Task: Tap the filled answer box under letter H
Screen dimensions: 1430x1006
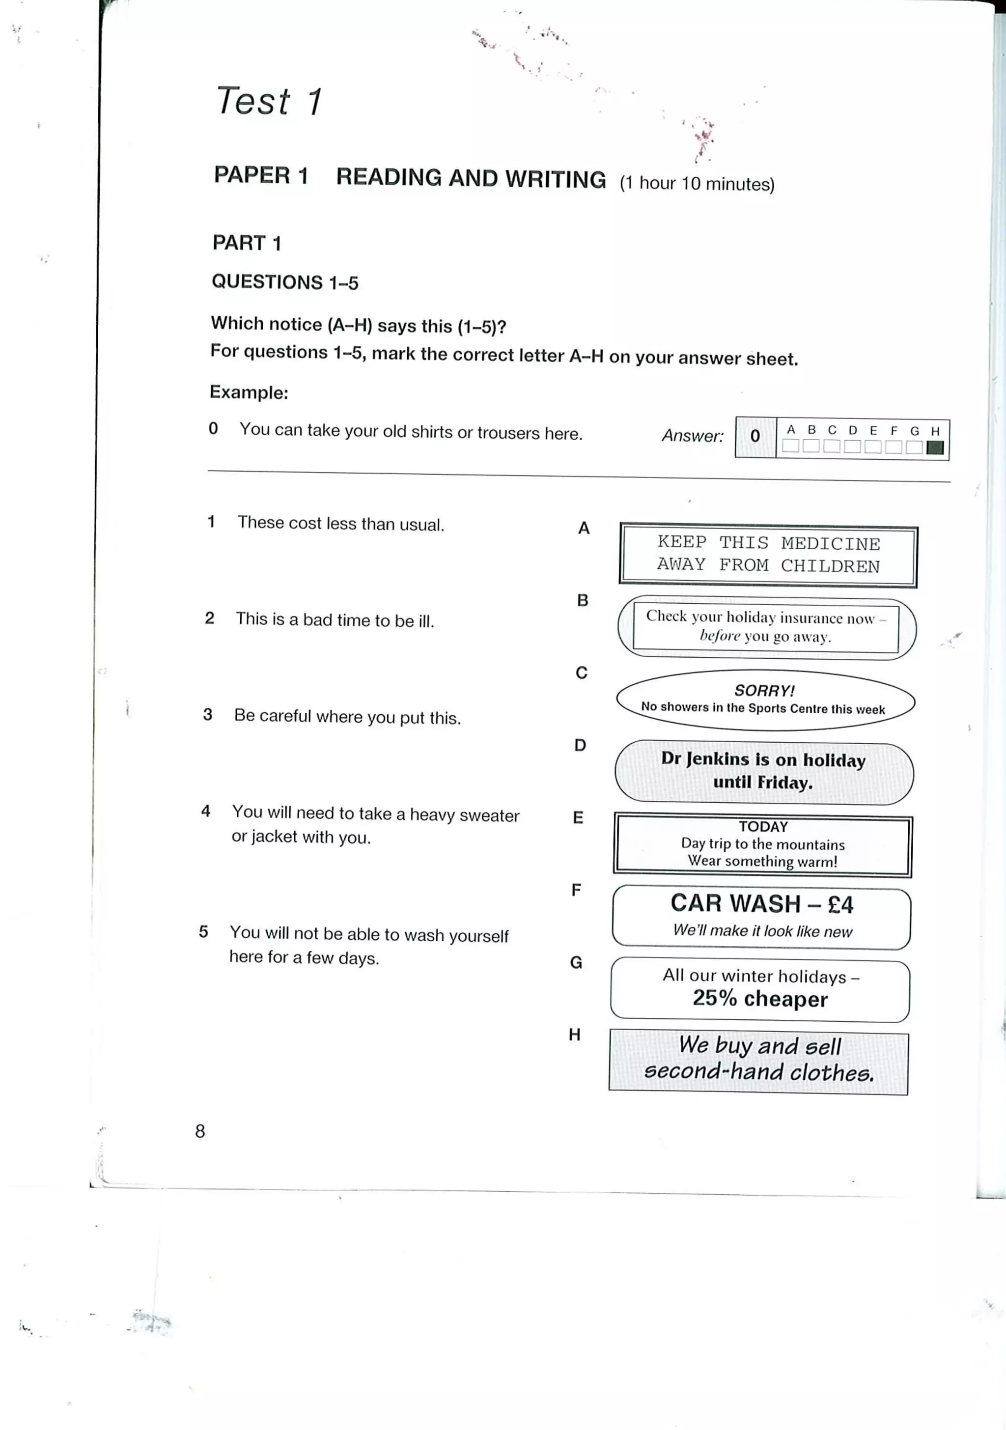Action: click(x=934, y=447)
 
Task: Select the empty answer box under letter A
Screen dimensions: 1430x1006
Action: click(x=790, y=446)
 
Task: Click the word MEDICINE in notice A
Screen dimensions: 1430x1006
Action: click(x=830, y=544)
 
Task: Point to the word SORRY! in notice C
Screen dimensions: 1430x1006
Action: click(x=764, y=690)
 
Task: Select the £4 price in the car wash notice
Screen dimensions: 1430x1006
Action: click(x=840, y=904)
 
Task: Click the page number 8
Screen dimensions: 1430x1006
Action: click(x=200, y=1131)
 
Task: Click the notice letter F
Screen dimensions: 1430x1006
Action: click(x=576, y=890)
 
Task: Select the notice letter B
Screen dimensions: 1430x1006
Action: click(x=583, y=600)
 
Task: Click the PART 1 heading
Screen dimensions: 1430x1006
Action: click(x=247, y=243)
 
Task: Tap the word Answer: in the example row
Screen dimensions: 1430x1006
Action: click(x=692, y=435)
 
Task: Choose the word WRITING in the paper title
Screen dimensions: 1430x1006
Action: click(x=555, y=179)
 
